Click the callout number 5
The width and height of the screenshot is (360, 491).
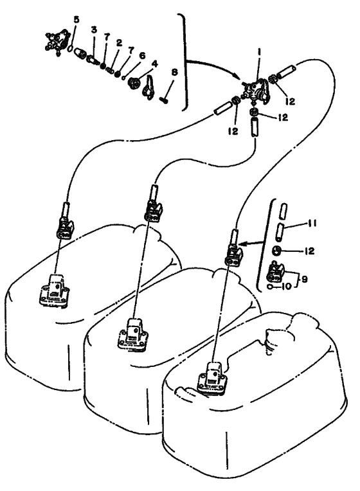(x=76, y=19)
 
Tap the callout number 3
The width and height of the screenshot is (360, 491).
(x=94, y=30)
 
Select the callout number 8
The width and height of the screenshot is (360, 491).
(x=174, y=73)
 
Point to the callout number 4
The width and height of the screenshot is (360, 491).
(x=155, y=64)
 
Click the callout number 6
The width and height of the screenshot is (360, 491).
(x=142, y=55)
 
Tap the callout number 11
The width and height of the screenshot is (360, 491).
(x=311, y=223)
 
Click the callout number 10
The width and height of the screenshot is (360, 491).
(x=286, y=286)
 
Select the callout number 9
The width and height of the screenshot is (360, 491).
(x=304, y=278)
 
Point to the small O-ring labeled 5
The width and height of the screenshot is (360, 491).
(x=71, y=48)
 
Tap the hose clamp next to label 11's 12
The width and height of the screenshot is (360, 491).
(x=277, y=251)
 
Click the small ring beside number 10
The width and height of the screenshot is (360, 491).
(x=270, y=287)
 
